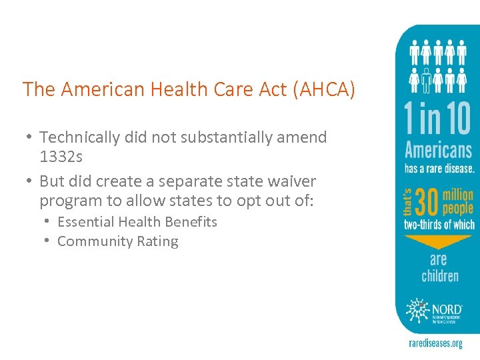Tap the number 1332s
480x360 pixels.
pos(61,157)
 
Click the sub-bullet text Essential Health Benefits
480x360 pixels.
pos(137,222)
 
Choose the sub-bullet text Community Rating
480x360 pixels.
pos(118,241)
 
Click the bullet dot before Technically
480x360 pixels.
pos(30,137)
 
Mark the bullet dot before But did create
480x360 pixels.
pos(30,181)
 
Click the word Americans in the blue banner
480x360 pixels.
pos(438,150)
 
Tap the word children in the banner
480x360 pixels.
pos(439,275)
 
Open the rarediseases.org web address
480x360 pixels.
pos(435,343)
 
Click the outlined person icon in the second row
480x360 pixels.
pos(425,79)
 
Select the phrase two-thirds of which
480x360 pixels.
pos(439,225)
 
